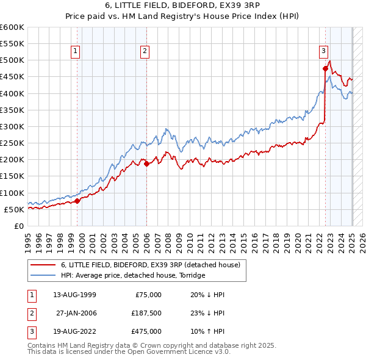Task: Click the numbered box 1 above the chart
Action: coord(74,51)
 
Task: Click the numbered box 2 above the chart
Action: coord(145,51)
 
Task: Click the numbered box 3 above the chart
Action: coord(323,51)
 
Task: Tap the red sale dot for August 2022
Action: coord(326,68)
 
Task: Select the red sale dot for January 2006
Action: coord(147,164)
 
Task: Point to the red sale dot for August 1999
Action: coord(77,201)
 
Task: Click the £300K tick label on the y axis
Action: coord(12,126)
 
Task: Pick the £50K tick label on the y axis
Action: coord(15,209)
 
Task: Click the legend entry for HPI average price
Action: coord(133,275)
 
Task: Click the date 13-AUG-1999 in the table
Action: coord(74,295)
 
